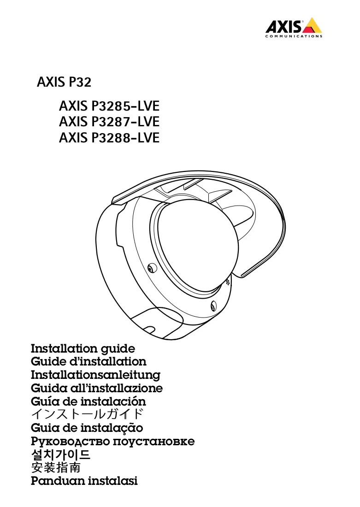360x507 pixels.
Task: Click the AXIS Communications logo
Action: [294, 28]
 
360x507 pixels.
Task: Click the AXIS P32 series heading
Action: [64, 82]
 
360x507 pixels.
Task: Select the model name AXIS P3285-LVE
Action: [109, 106]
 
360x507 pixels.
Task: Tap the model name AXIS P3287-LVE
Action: [109, 122]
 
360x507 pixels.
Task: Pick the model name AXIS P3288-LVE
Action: [109, 138]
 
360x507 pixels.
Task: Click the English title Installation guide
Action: [83, 349]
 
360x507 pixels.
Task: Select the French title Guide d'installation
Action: [89, 361]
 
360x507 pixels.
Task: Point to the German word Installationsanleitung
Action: [95, 375]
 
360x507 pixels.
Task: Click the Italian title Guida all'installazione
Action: [97, 388]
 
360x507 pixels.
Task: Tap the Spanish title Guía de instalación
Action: [89, 401]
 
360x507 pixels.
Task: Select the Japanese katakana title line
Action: [87, 414]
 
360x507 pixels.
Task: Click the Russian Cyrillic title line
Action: [113, 442]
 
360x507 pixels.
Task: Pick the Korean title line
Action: [61, 454]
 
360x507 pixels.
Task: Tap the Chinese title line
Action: [56, 468]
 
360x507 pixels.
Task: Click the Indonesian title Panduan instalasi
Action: [84, 481]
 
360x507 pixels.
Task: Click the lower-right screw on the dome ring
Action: [213, 306]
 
